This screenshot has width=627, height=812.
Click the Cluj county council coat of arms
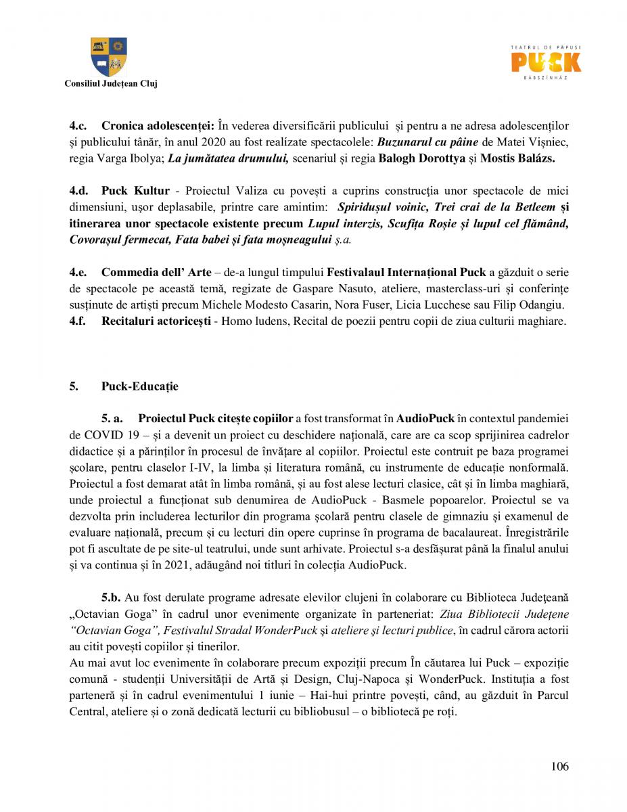click(109, 57)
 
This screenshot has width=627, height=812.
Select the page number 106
click(559, 767)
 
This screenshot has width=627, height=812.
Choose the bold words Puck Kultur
click(135, 191)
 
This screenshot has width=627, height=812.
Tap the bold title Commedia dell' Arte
click(156, 273)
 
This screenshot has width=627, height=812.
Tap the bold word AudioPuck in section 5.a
click(425, 419)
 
